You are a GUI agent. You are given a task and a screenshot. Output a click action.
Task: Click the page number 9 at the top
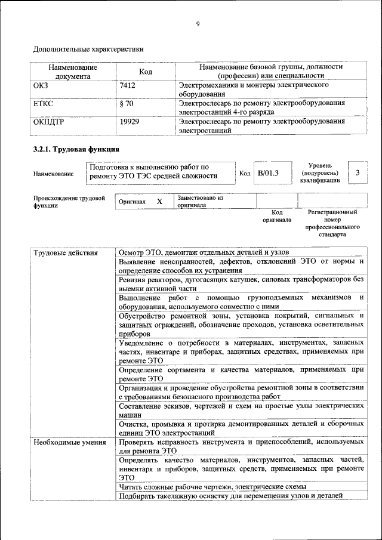pos(198,24)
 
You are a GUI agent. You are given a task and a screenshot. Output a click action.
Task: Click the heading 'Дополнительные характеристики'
pos(88,48)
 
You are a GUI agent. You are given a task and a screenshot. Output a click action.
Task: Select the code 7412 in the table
pos(128,85)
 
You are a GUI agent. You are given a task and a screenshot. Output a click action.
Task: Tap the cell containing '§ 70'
pos(126,103)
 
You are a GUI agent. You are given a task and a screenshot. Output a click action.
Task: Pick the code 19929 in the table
pos(130,121)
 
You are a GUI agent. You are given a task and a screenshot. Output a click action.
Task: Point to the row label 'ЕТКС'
pos(44,103)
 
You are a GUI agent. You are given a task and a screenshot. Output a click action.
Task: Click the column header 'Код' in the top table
pos(146,72)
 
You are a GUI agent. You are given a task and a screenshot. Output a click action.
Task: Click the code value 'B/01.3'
pos(268,173)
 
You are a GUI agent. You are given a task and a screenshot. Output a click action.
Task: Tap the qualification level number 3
pos(357,172)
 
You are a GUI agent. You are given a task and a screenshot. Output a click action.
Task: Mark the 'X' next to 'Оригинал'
pos(159,202)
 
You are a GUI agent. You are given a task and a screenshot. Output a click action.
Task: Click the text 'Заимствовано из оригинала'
pos(200,201)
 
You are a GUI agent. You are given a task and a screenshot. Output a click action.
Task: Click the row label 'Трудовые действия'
pos(65,253)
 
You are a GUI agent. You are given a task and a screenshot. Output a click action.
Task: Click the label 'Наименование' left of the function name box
pos(54,174)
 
